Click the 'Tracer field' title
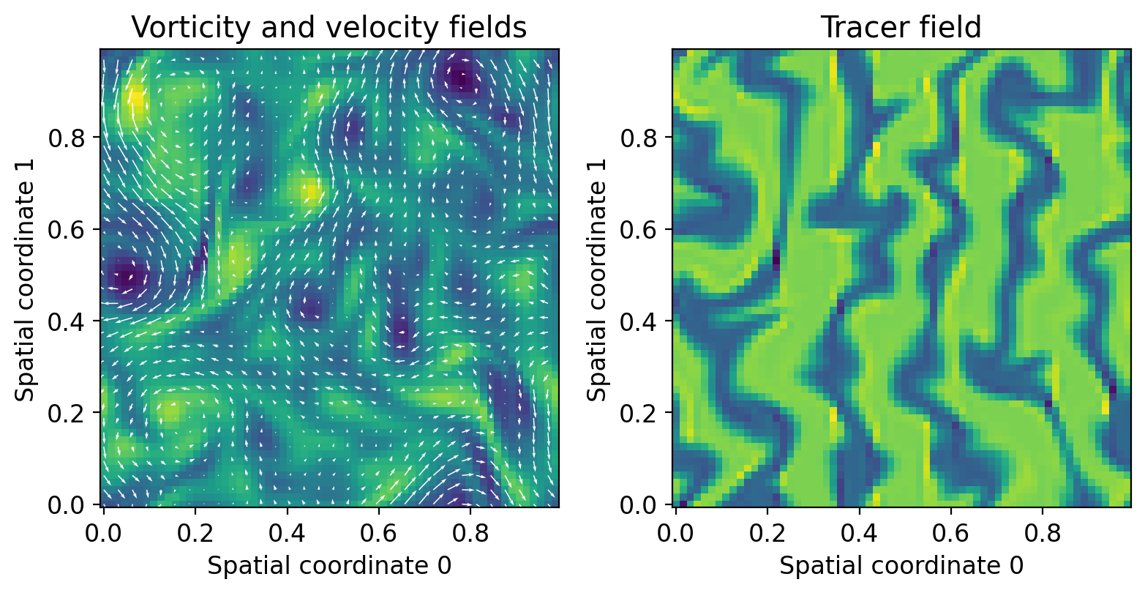(901, 27)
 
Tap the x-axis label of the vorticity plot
(329, 565)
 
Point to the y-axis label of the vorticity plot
(26, 277)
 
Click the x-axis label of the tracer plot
(901, 565)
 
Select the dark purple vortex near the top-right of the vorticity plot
(460, 76)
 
